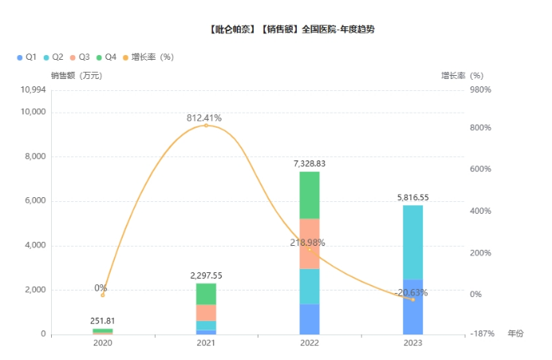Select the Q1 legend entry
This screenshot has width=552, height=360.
coord(26,57)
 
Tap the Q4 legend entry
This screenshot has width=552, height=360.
coord(105,57)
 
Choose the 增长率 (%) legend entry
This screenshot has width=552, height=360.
coord(148,57)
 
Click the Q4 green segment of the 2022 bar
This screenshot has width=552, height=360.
coord(310,195)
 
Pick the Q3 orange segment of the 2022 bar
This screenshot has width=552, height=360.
coord(310,243)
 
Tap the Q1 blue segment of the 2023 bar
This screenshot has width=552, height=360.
coord(413,307)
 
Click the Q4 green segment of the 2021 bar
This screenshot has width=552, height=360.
coord(206,294)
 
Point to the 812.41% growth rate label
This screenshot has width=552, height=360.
coord(204,118)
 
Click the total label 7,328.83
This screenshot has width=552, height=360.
coord(310,164)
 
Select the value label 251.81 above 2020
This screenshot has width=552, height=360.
coord(103,321)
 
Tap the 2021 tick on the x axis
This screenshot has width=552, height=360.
coord(206,342)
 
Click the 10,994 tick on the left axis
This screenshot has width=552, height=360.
coord(33,89)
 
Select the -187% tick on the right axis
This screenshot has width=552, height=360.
coord(481,334)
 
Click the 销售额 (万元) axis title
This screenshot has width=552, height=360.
coord(77,75)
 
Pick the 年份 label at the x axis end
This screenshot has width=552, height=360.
coord(516,334)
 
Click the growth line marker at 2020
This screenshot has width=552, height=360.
coord(103,295)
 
